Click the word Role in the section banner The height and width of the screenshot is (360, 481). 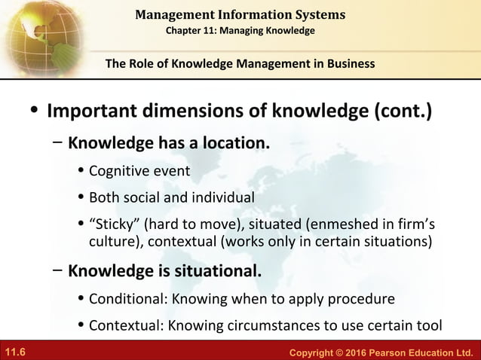point(145,64)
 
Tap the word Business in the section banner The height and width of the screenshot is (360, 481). point(349,64)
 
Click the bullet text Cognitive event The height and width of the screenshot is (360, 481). point(139,171)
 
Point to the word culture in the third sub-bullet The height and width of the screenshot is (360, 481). point(113,242)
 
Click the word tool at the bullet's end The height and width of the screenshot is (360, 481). point(427,325)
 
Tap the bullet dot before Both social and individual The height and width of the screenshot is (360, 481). point(81,198)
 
